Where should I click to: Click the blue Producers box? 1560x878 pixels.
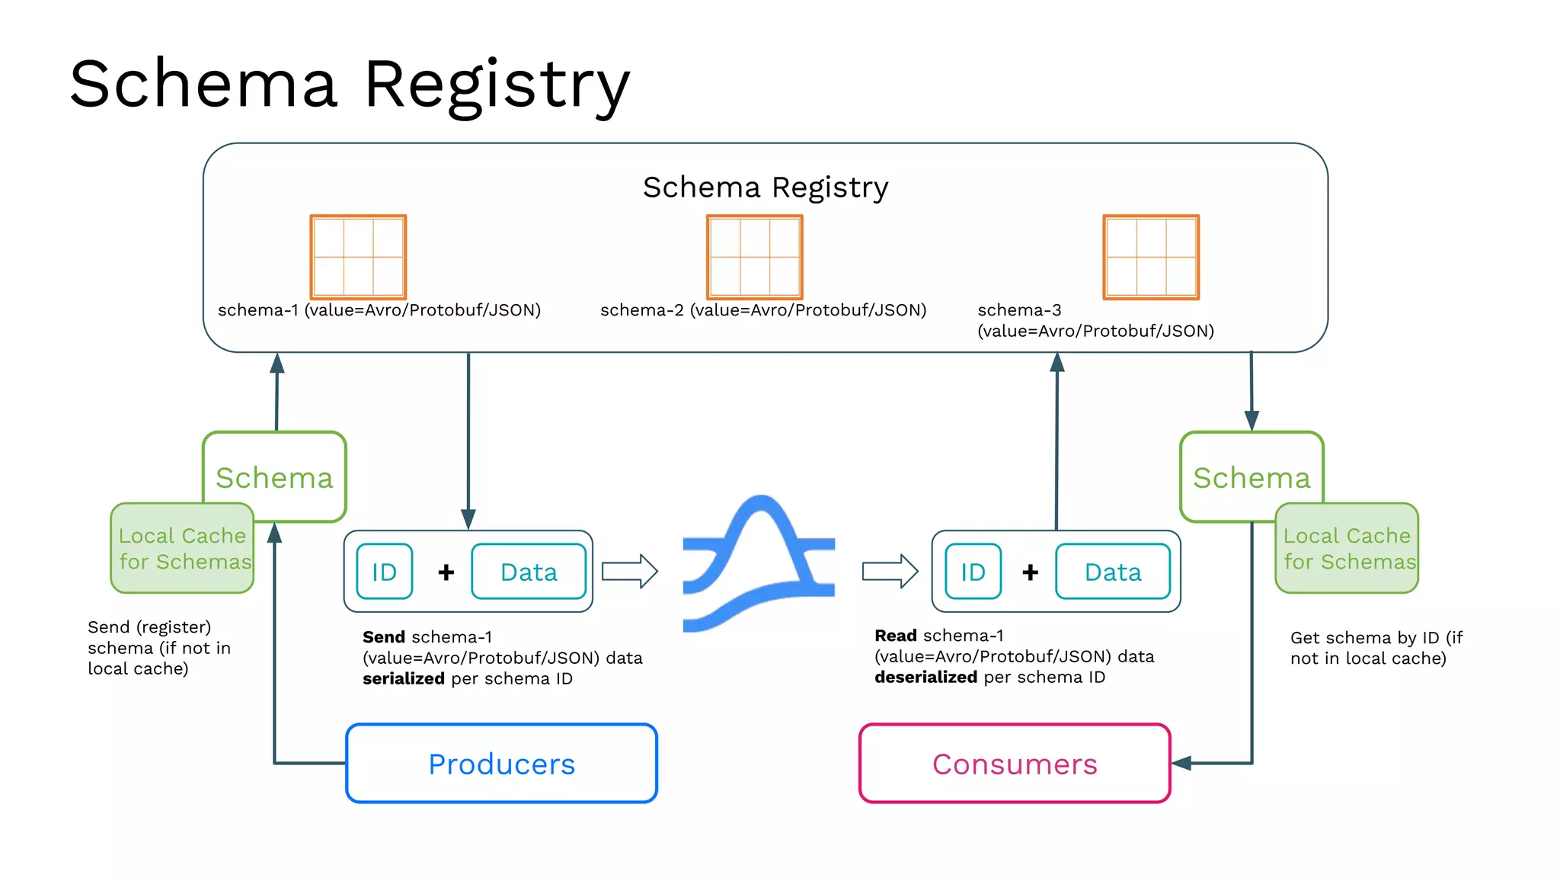(501, 764)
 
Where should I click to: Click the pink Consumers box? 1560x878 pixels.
(1015, 764)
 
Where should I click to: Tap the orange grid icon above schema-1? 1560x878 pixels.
(358, 257)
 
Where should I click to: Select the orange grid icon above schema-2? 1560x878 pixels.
(755, 257)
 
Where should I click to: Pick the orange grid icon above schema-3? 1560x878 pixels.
(1151, 257)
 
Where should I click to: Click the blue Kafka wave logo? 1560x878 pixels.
(759, 564)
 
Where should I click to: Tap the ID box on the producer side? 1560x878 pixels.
(385, 572)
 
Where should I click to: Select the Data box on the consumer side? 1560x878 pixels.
(1113, 572)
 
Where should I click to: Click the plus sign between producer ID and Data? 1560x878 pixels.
(446, 572)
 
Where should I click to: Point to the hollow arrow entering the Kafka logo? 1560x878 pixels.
(629, 571)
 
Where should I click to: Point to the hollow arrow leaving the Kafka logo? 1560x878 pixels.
(890, 571)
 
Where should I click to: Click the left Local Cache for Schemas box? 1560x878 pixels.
(182, 549)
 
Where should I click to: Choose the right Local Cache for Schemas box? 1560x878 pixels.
(1347, 549)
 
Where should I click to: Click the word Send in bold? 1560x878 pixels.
(384, 637)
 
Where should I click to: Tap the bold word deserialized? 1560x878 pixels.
(925, 678)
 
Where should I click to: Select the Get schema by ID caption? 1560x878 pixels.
(1375, 648)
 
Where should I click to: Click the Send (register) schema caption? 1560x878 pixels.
(158, 648)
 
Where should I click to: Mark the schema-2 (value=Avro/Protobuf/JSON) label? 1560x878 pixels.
(763, 310)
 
